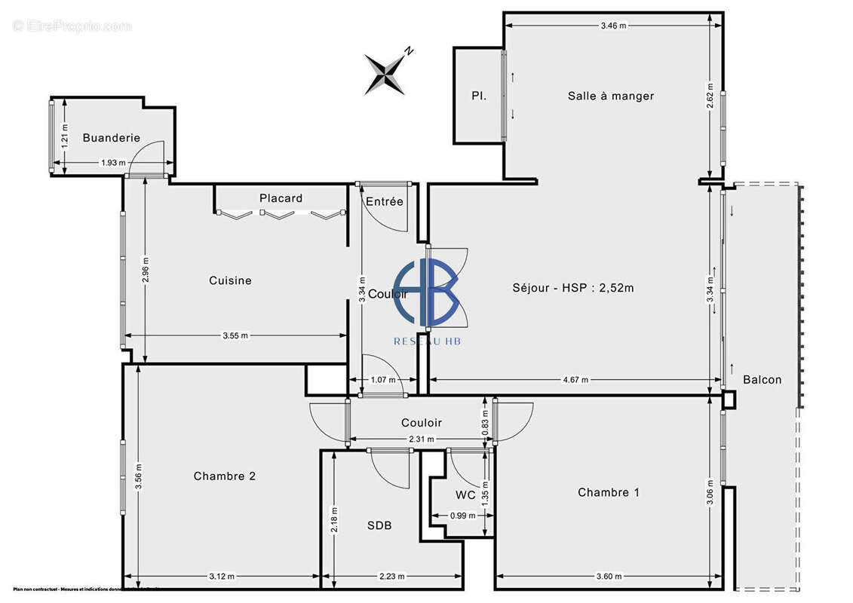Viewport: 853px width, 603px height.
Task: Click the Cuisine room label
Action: point(230,280)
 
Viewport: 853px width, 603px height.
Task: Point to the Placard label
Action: point(281,198)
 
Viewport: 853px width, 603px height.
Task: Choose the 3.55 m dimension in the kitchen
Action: point(235,336)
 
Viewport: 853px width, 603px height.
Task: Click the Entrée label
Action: point(385,201)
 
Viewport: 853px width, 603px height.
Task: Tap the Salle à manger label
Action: point(611,96)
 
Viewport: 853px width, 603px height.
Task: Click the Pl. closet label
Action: point(478,96)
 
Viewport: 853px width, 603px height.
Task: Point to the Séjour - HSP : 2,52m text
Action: point(573,287)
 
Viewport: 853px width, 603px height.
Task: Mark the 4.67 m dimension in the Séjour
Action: point(575,380)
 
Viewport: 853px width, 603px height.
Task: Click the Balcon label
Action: point(762,379)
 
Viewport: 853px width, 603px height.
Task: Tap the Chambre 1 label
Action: point(609,492)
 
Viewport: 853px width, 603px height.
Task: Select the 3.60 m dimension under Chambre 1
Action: point(608,577)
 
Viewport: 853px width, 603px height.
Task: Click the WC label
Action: point(465,495)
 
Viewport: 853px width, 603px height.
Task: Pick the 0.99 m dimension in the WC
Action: point(462,516)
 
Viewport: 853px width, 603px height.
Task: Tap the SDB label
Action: point(380,525)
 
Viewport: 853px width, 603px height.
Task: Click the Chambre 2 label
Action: point(225,476)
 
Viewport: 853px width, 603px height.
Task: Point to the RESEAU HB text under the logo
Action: point(428,341)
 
